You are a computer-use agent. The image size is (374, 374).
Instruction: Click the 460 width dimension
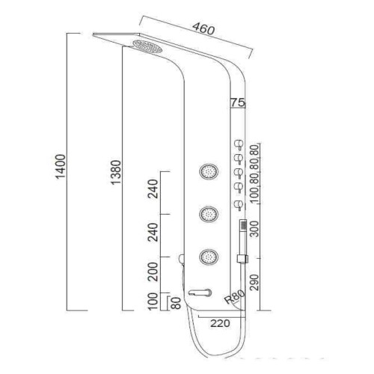coord(203,28)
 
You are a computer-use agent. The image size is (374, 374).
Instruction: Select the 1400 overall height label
coord(60,167)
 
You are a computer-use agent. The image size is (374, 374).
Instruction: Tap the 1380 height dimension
coord(116,172)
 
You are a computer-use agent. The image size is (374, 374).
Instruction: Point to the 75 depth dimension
coord(238,102)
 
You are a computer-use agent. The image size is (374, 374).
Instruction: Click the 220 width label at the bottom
coord(220,323)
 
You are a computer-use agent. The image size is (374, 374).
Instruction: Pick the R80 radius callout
coord(234,297)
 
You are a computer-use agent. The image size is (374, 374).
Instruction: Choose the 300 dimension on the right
coord(254,229)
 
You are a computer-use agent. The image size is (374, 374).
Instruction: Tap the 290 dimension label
coord(254,283)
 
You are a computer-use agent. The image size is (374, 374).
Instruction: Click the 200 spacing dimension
coord(153,272)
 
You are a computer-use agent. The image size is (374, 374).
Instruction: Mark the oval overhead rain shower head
coord(147,46)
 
